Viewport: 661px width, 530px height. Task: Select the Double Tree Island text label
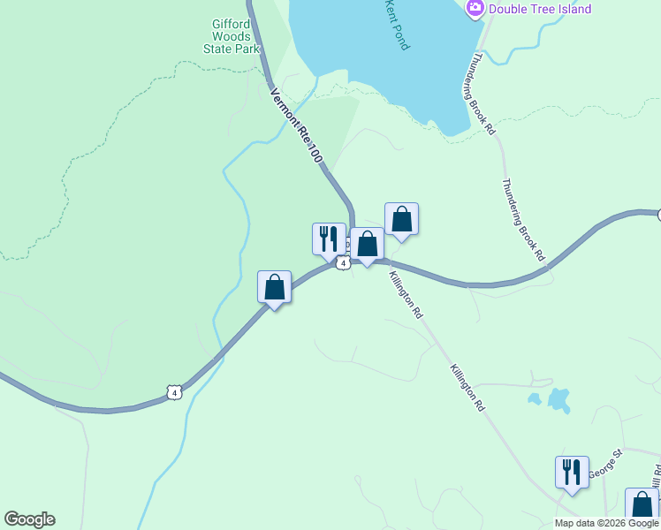(541, 9)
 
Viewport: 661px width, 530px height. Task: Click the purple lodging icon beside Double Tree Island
(475, 9)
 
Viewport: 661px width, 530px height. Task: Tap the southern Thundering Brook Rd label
(523, 220)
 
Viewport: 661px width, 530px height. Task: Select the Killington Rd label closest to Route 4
(406, 295)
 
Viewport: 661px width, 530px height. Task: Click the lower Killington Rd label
(467, 388)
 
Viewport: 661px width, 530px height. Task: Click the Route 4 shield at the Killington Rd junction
(343, 262)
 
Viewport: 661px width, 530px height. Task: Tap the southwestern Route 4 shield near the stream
(175, 392)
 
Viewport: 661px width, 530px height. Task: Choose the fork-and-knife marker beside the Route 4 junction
(329, 239)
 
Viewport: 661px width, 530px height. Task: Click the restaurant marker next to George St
(572, 471)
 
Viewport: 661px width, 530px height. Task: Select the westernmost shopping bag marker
(275, 288)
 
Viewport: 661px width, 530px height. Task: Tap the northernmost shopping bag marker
(401, 219)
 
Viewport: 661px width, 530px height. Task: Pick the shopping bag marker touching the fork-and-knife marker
(367, 245)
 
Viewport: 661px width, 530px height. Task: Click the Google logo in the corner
(29, 519)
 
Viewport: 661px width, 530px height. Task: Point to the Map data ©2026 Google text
(606, 523)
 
